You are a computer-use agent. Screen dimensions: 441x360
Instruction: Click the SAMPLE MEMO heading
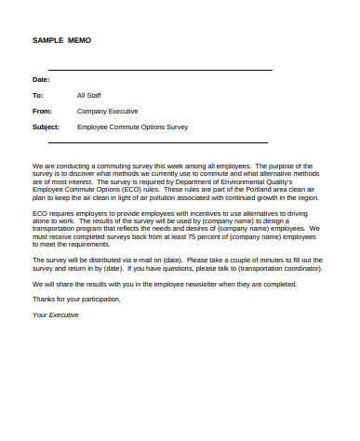pyautogui.click(x=61, y=42)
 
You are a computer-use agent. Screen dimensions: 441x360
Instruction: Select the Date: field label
pyautogui.click(x=41, y=79)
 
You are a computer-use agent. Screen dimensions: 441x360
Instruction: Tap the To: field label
pyautogui.click(x=38, y=95)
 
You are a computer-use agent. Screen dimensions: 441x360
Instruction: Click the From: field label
pyautogui.click(x=42, y=111)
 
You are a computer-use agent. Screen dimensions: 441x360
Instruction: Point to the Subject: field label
pyautogui.click(x=46, y=127)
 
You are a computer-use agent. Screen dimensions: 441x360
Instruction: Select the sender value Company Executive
pyautogui.click(x=107, y=111)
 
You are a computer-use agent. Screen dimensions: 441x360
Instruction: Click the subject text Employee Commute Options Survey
pyautogui.click(x=132, y=127)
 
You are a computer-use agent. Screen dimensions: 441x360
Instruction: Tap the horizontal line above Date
pyautogui.click(x=160, y=70)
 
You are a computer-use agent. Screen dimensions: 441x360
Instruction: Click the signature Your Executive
pyautogui.click(x=56, y=314)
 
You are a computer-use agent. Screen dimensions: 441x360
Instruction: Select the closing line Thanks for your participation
pyautogui.click(x=76, y=299)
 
